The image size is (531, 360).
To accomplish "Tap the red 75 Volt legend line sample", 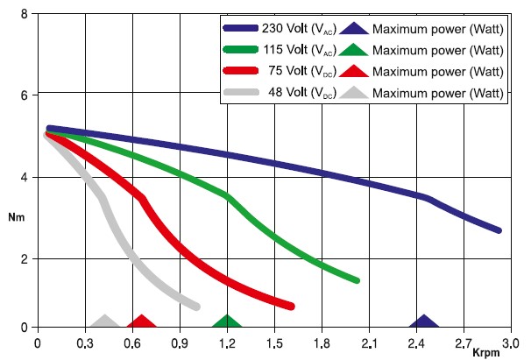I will [246, 71].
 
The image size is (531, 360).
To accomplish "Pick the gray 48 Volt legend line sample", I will [246, 92].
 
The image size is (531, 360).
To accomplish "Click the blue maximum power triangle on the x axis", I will [424, 322].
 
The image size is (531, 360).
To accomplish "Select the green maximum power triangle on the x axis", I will [227, 322].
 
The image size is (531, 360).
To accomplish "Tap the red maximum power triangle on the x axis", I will [142, 322].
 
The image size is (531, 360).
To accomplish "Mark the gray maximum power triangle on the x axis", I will [105, 322].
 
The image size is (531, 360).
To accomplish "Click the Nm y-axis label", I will [16, 215].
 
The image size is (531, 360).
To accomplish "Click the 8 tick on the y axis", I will [25, 14].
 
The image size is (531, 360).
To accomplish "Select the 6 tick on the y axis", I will [25, 95].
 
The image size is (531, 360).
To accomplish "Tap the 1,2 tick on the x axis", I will [227, 342].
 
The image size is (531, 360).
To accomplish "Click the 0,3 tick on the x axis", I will [85, 342].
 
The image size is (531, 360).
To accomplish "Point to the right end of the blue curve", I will [499, 230].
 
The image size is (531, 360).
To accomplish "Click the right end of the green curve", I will [357, 280].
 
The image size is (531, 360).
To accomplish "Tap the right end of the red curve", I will [291, 306].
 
